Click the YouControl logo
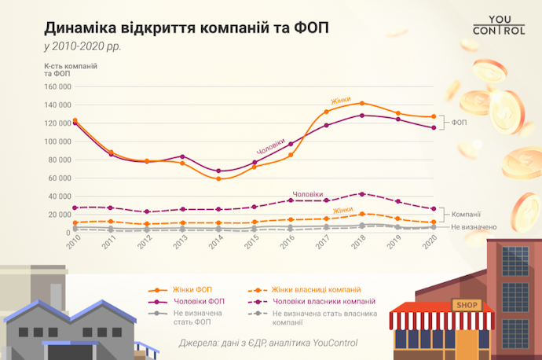[493, 24]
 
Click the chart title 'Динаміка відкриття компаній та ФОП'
[186, 28]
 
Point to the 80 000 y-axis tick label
[57, 160]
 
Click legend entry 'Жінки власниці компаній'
[306, 288]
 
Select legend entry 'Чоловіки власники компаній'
[313, 301]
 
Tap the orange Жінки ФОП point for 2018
[361, 103]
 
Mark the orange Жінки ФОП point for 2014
[219, 178]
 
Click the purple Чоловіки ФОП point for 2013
[183, 156]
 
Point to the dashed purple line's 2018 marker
[361, 193]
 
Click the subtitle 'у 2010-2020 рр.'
[82, 46]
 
